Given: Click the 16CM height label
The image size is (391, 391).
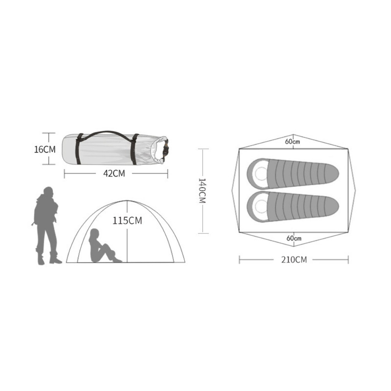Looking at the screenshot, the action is click(x=45, y=149).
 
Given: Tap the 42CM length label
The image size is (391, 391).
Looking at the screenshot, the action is click(x=114, y=173).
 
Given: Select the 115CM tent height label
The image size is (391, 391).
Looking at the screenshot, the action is click(x=127, y=221).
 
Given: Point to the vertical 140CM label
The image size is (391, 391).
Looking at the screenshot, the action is click(x=202, y=191).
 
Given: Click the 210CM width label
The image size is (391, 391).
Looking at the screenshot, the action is click(x=294, y=260).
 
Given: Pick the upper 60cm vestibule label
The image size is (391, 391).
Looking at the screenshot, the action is click(x=292, y=142).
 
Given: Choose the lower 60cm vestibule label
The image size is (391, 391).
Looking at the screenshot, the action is click(x=294, y=238).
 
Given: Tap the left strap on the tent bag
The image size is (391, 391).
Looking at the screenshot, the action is click(x=79, y=149).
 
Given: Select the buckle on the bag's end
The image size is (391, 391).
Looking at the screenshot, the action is click(x=165, y=150).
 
